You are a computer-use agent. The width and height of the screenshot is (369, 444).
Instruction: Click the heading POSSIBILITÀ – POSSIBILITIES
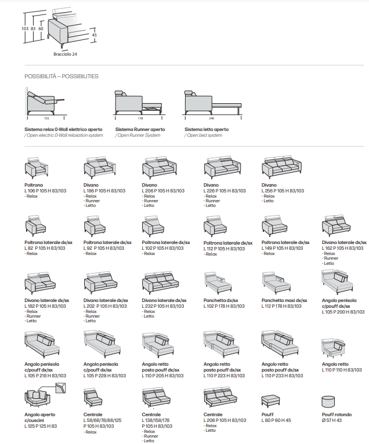tap(62, 76)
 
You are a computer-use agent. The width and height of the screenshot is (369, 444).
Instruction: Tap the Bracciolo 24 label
tap(65, 54)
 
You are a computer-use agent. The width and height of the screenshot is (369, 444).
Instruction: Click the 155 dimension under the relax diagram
tap(47, 118)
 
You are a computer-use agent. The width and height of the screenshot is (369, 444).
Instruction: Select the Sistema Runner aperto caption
tap(140, 129)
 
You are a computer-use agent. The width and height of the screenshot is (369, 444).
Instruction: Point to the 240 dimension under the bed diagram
tap(211, 118)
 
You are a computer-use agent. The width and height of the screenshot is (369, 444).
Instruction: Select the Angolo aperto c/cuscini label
tap(39, 417)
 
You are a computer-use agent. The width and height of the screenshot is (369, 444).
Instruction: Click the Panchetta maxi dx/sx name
tap(284, 300)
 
